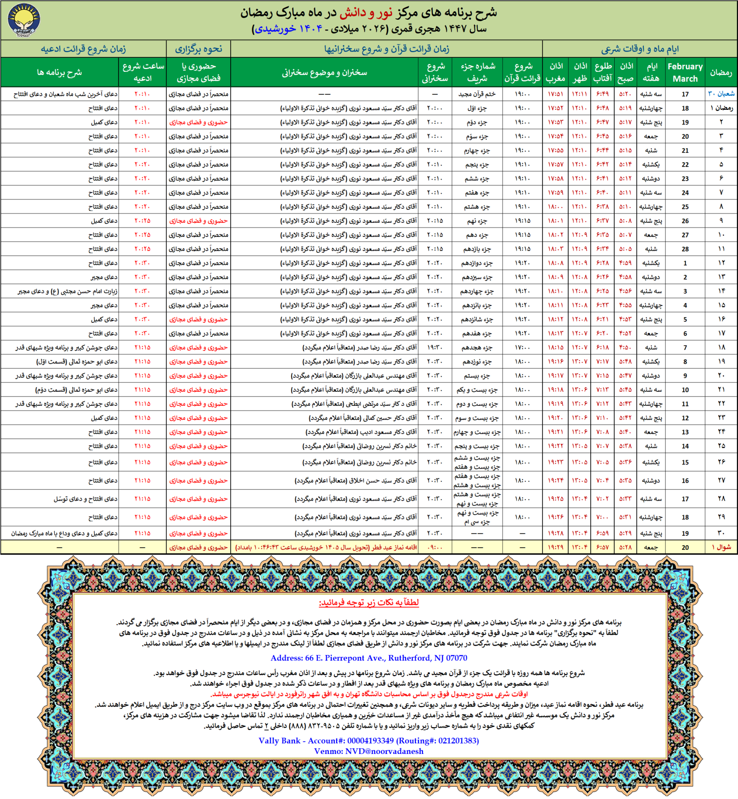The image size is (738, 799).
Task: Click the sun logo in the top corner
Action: pyautogui.click(x=23, y=20)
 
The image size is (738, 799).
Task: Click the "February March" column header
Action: pyautogui.click(x=685, y=73)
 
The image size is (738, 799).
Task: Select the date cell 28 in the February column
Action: pyautogui.click(x=685, y=249)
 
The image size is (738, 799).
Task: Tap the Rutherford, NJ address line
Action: pyautogui.click(x=369, y=658)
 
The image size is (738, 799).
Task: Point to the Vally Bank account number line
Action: pyautogui.click(x=369, y=740)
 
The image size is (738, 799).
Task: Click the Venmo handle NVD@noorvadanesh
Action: pyautogui.click(x=369, y=751)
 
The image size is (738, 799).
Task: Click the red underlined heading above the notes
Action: pyautogui.click(x=369, y=602)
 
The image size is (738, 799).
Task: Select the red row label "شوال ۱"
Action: pyautogui.click(x=721, y=547)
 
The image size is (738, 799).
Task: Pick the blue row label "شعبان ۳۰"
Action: pyautogui.click(x=721, y=94)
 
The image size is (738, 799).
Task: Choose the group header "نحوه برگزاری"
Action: pyautogui.click(x=198, y=49)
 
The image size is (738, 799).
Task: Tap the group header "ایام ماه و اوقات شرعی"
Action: pyautogui.click(x=640, y=49)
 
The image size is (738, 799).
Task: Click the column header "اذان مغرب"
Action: pyautogui.click(x=556, y=73)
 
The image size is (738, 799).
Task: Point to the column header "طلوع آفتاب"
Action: pyautogui.click(x=602, y=73)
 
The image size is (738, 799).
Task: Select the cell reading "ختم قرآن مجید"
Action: pyautogui.click(x=477, y=94)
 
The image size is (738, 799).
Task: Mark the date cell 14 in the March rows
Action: pyautogui.click(x=685, y=446)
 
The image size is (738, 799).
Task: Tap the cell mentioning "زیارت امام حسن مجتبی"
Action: pyautogui.click(x=68, y=291)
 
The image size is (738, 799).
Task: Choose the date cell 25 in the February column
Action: pyautogui.click(x=685, y=207)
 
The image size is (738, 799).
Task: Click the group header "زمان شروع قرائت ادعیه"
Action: pyautogui.click(x=83, y=49)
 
